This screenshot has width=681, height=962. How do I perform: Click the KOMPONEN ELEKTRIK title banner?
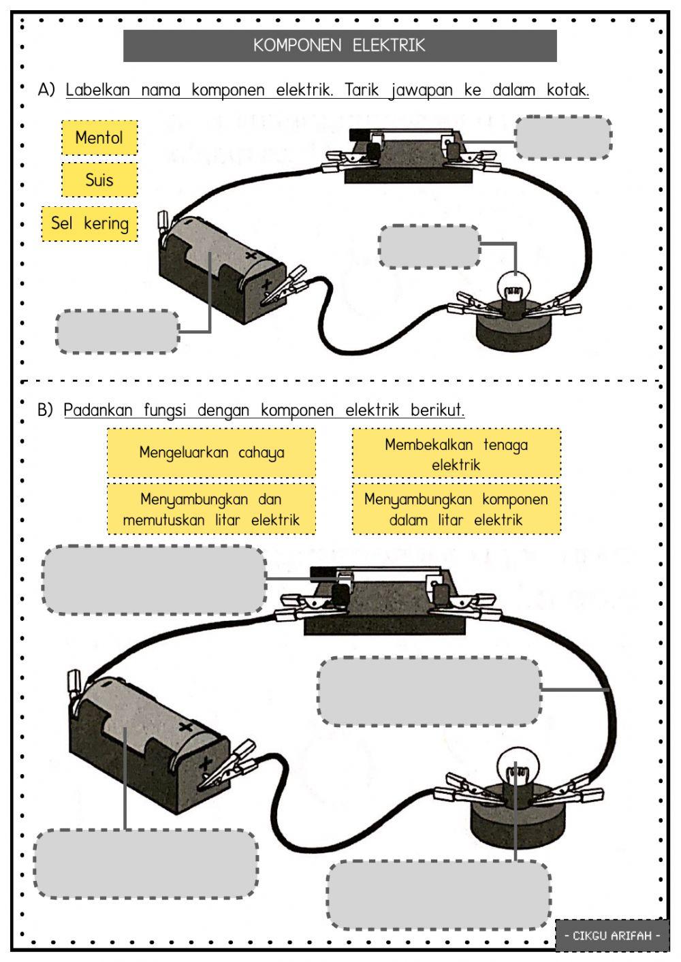340,46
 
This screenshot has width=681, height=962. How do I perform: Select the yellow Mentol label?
99,138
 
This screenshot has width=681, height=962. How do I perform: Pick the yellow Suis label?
99,180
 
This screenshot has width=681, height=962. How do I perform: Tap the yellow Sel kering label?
89,224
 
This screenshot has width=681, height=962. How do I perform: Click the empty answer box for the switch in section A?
563,138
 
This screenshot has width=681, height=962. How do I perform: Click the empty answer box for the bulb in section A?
429,246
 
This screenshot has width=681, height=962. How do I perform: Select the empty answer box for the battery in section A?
117,332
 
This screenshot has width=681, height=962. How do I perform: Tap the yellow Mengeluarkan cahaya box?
211,453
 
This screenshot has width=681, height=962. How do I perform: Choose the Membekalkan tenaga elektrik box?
456,454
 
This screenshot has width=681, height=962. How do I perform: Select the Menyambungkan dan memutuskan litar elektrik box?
211,509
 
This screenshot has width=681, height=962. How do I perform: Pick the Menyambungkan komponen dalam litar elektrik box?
456,509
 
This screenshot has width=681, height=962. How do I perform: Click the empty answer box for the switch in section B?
154,579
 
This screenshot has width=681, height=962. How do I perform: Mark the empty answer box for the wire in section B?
429,691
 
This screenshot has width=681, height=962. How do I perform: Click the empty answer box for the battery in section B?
146,863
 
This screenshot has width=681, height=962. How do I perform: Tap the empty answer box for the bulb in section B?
439,895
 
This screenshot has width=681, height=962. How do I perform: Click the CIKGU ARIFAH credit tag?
612,935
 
